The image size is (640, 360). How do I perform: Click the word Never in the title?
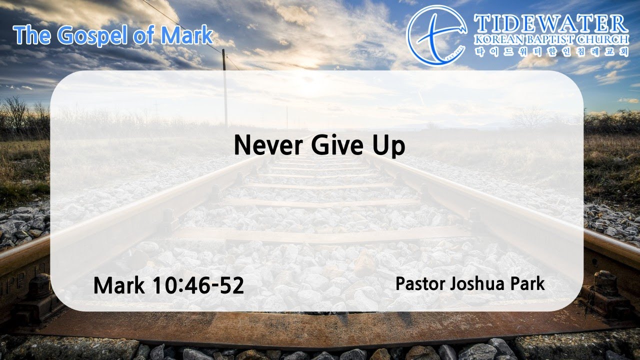pos(268,145)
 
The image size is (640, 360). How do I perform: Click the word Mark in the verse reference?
pos(119,285)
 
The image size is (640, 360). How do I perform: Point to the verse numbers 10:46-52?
pos(198,285)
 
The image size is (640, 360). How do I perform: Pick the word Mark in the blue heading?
pos(186,35)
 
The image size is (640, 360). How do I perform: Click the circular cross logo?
pos(436,35)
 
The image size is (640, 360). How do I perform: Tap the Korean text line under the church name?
pos(552,52)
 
